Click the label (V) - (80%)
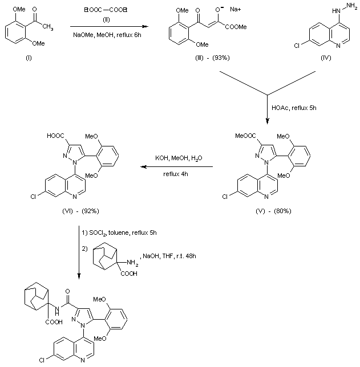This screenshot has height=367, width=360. [274, 211]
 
